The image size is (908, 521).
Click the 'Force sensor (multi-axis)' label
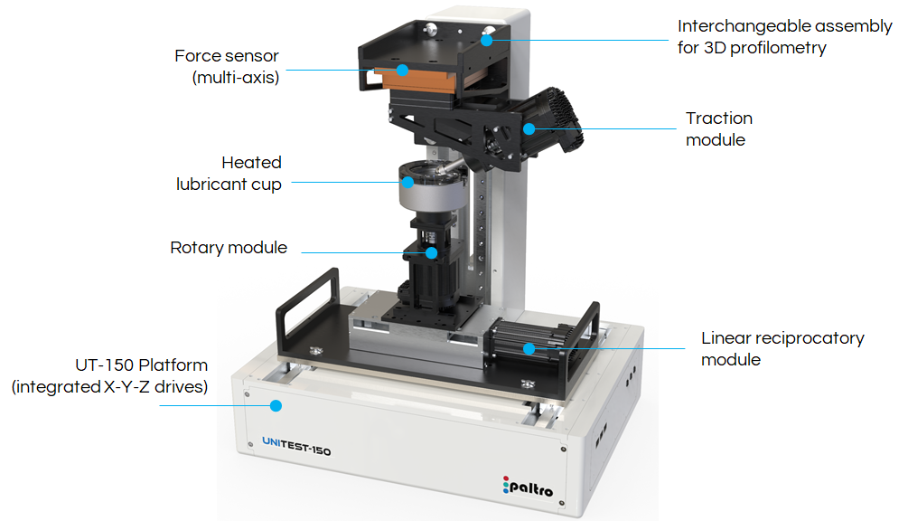pos(227,67)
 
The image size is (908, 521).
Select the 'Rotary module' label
pos(229,248)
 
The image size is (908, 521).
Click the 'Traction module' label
pos(718,128)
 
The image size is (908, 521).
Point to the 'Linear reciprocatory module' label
pos(782,348)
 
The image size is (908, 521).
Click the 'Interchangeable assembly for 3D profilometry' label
pos(784,37)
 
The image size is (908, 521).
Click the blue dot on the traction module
pos(529,128)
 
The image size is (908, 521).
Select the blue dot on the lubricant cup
pos(407,182)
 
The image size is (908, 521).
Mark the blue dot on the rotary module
pos(432,252)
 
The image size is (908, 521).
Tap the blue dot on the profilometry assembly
pos(490,39)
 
